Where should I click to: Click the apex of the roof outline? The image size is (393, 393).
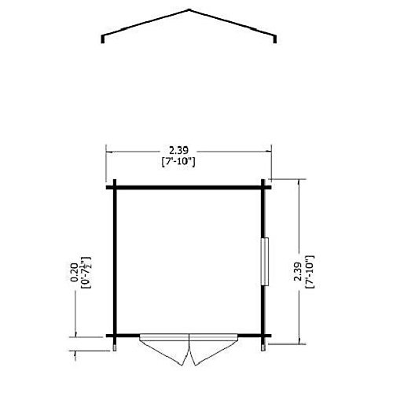(189, 10)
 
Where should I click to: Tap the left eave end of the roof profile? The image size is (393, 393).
(102, 42)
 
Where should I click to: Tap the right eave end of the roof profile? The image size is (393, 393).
(275, 42)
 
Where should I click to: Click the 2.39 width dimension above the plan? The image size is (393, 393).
(178, 151)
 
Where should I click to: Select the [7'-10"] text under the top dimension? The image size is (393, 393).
(178, 162)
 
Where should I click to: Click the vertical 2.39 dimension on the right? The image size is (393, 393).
(298, 271)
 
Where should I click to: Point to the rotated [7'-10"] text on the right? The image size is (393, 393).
(310, 272)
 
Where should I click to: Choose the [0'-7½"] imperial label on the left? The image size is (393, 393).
(86, 273)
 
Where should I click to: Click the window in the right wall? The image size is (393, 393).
(265, 262)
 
